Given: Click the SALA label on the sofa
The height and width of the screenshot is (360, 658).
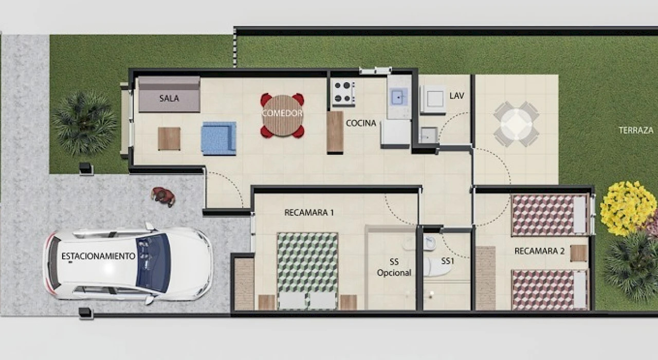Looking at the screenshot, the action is (169, 98).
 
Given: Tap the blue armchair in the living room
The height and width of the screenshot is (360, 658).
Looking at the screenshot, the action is (218, 138).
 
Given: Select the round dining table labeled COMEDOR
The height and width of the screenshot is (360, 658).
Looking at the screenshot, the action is (282, 115).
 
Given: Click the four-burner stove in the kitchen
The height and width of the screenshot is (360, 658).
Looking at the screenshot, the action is (343, 92).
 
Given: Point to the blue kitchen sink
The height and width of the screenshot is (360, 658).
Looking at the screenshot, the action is (399, 96).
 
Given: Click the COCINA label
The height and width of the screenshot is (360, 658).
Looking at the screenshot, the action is (361, 123).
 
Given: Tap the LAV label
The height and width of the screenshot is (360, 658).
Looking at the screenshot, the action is (457, 96).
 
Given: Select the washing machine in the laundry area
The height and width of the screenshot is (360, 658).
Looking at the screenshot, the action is (433, 99).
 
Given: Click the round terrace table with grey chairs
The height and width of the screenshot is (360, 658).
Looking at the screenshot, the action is (516, 124).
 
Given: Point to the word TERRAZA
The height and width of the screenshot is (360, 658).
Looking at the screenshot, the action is (636, 130).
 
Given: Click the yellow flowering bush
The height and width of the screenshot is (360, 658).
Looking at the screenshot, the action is (628, 208).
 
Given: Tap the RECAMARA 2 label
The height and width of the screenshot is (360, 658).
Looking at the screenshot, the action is (539, 251).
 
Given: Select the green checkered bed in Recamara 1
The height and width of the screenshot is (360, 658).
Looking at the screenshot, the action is (307, 271).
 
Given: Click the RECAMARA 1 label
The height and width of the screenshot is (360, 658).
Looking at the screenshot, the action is (309, 212).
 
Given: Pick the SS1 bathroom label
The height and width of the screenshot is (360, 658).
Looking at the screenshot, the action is (448, 261).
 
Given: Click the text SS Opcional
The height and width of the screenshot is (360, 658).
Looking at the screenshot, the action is (394, 267).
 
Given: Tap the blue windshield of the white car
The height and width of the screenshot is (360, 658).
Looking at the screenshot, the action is (153, 263).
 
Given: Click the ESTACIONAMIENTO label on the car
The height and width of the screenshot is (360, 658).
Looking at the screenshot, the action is (98, 256).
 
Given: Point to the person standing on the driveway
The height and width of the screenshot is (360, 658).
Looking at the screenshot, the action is (163, 196).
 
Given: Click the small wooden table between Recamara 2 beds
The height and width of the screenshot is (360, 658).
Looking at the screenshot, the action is (578, 254).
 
